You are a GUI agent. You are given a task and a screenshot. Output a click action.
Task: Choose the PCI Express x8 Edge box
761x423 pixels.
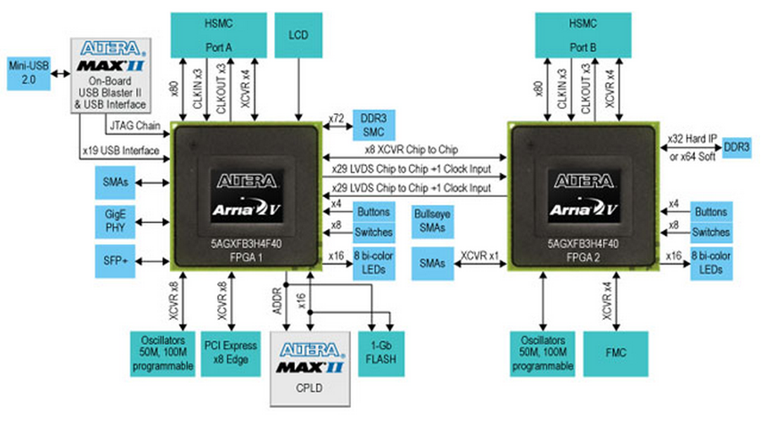pyautogui.click(x=224, y=352)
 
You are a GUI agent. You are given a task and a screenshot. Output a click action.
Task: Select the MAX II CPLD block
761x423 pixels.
pyautogui.click(x=304, y=365)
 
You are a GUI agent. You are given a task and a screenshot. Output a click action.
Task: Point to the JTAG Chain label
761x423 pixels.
pyautogui.click(x=134, y=127)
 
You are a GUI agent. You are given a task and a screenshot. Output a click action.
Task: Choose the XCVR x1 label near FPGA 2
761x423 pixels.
pyautogui.click(x=480, y=253)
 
